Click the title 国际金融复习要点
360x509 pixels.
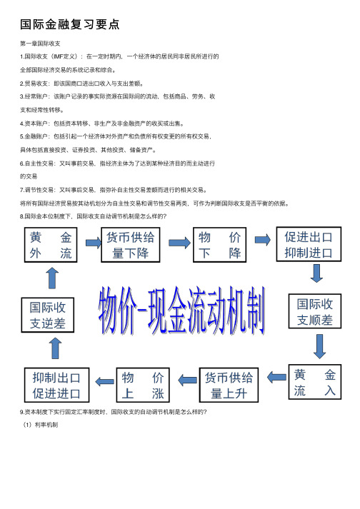click(x=69, y=24)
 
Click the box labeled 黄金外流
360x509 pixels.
click(x=50, y=245)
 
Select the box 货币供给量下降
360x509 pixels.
click(x=133, y=245)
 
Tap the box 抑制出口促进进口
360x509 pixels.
click(x=56, y=384)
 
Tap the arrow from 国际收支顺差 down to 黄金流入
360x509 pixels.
click(x=316, y=348)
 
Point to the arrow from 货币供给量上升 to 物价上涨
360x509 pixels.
click(x=185, y=384)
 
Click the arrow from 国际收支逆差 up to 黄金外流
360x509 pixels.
click(x=49, y=280)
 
